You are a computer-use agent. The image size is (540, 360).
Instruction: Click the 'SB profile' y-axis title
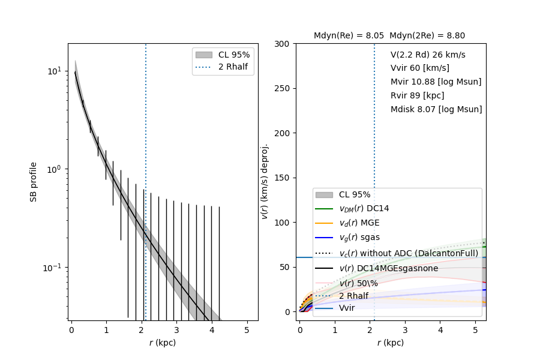[34, 181]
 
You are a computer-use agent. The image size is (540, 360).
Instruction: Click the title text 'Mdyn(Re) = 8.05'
[349, 36]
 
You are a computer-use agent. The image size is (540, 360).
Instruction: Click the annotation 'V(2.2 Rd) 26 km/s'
[428, 55]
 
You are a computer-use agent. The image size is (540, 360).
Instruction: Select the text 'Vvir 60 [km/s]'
[419, 68]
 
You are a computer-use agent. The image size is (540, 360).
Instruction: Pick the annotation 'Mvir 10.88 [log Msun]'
[436, 82]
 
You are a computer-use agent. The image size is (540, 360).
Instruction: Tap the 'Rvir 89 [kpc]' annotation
[419, 95]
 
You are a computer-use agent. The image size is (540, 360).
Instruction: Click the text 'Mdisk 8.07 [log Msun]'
[436, 109]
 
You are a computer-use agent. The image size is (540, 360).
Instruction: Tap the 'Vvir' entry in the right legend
[347, 308]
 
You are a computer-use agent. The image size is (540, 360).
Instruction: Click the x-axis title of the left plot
[163, 343]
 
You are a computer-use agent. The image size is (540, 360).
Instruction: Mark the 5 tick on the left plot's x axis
[247, 329]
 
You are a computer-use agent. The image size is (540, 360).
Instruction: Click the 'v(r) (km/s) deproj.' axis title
[265, 181]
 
